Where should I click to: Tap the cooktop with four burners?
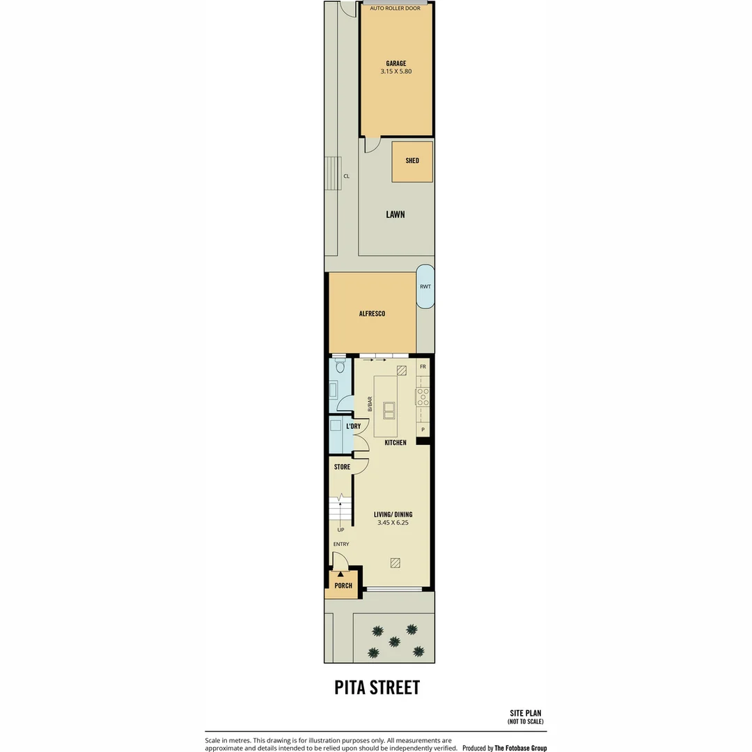423,397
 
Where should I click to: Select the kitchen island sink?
389,411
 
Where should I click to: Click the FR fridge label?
423,366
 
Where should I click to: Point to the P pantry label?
423,429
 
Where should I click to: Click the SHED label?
412,161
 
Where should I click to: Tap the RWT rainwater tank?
425,286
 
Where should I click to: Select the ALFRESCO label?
372,313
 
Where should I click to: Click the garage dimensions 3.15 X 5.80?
396,72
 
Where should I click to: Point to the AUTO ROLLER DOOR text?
395,8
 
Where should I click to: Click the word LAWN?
395,214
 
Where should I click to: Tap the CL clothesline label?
346,176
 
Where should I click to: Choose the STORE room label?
342,467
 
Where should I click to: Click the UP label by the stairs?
340,530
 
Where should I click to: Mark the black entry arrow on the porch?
340,574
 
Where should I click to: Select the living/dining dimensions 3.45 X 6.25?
393,523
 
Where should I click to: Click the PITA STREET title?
377,687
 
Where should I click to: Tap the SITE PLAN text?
526,713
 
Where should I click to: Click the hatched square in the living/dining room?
395,563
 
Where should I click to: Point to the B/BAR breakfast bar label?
370,404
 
